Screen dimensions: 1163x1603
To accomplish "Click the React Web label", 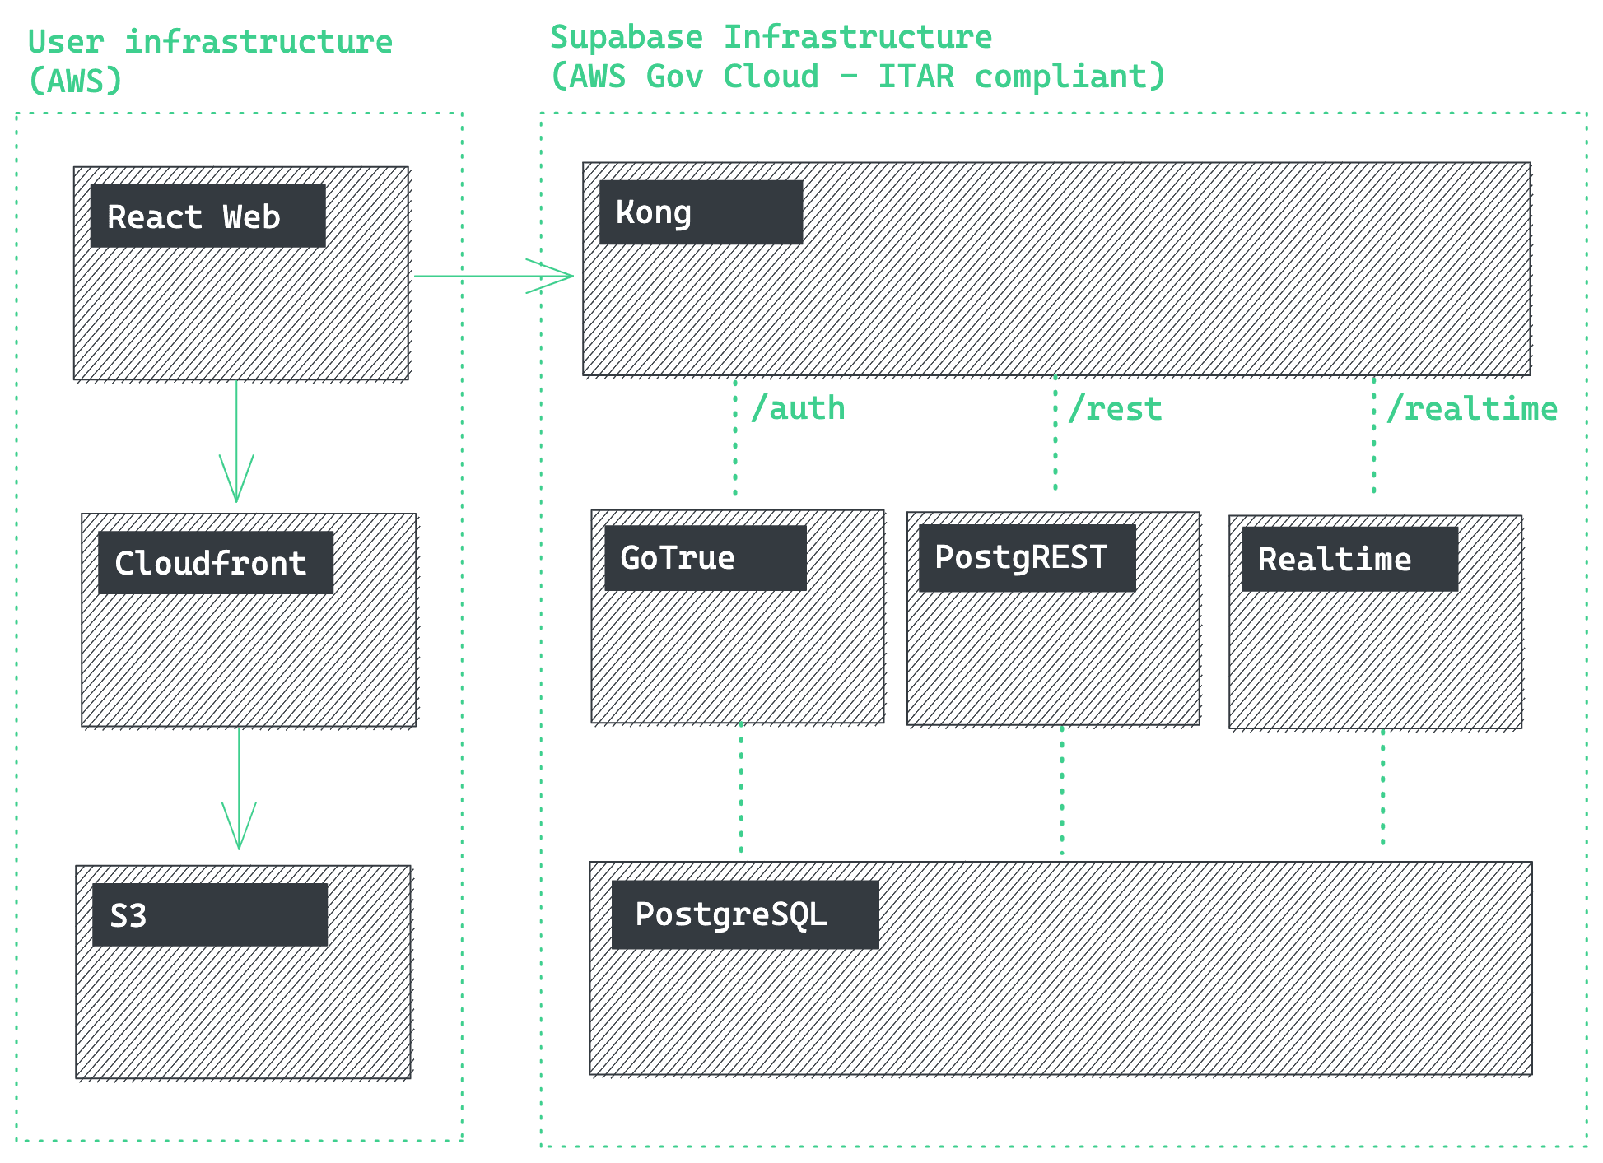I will click(194, 217).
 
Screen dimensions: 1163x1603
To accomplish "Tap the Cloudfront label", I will click(211, 564).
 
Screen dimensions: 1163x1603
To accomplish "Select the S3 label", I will click(128, 915).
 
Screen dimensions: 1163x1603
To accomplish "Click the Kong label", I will click(654, 212).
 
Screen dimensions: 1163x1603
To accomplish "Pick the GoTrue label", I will click(678, 558).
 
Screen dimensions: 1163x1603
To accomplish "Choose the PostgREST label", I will click(1021, 558).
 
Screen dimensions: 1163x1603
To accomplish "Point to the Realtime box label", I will click(1334, 560).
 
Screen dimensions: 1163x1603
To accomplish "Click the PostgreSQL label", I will click(731, 914).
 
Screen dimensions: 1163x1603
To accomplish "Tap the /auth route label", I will click(798, 408).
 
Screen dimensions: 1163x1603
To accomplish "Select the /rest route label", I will click(1115, 408).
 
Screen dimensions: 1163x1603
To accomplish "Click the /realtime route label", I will click(1472, 408).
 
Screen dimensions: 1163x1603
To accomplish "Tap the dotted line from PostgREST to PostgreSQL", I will click(1062, 790).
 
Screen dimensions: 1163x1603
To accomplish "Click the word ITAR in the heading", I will click(916, 77).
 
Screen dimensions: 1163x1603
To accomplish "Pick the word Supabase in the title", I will click(627, 37).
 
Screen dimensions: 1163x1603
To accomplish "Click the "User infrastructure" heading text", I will click(210, 42).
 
